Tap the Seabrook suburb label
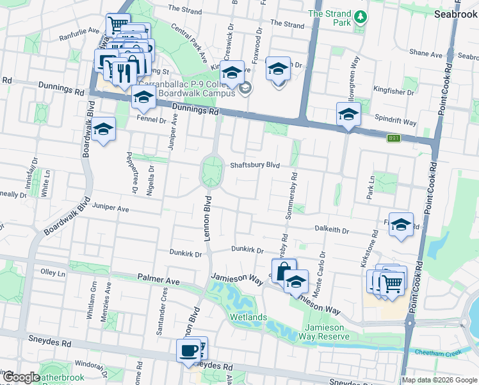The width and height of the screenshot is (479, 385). (455, 13)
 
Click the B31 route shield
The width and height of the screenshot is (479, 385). (394, 137)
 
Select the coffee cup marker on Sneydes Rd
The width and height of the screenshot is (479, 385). (189, 350)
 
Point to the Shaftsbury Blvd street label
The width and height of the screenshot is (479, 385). (255, 165)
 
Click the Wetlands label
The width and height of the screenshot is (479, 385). (249, 318)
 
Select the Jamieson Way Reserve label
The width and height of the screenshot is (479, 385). (323, 332)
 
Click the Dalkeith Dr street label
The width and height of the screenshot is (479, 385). (332, 229)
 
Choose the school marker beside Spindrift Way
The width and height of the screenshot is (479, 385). (348, 114)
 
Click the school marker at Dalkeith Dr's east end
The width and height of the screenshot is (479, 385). (401, 224)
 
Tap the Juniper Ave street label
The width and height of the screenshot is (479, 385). (111, 209)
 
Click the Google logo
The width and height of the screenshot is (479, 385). (22, 377)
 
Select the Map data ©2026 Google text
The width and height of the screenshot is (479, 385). (439, 380)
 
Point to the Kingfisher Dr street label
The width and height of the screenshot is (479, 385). (395, 89)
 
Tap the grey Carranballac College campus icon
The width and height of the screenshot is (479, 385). (245, 89)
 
